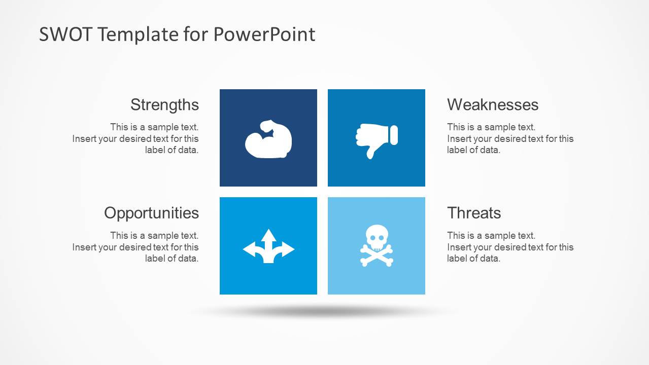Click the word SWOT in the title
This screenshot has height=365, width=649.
[65, 34]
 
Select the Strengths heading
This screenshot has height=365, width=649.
[164, 105]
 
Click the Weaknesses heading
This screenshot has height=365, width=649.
[493, 104]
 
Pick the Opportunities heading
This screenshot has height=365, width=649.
[151, 213]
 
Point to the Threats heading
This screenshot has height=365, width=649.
[474, 213]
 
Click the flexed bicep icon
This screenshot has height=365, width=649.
[268, 139]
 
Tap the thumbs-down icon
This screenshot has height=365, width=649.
[377, 141]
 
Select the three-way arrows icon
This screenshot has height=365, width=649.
[268, 246]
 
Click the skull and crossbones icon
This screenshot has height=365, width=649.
[377, 246]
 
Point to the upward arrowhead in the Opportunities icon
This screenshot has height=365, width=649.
[268, 235]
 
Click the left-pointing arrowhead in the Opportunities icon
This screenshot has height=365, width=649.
[249, 249]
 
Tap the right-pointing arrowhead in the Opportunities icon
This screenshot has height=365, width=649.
[288, 249]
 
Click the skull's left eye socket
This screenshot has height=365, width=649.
[372, 238]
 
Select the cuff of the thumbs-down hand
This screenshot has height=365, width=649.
[394, 135]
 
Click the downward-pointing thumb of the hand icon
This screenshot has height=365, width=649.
[371, 153]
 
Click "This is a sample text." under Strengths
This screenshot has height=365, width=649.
[154, 127]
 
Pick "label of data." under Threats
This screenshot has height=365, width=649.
[473, 259]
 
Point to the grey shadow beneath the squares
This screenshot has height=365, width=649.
[322, 311]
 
